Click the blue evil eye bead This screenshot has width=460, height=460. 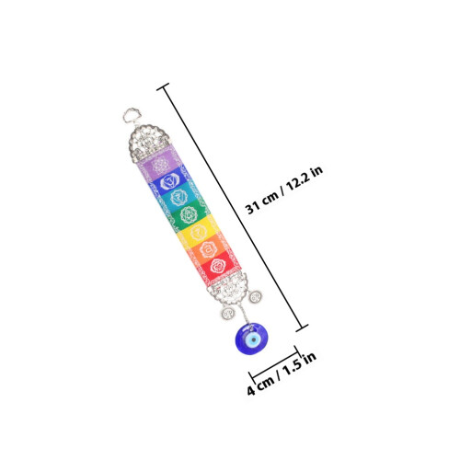click(x=251, y=339)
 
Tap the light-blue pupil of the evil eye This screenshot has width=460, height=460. click(x=253, y=339)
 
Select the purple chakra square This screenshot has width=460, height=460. click(x=160, y=164)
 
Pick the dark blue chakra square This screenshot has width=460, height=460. click(x=169, y=182)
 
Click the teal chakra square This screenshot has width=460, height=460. click(x=178, y=198)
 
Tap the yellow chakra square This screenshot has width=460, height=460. click(x=198, y=233)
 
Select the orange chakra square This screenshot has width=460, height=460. click(x=208, y=249)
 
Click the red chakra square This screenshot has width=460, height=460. click(x=218, y=266)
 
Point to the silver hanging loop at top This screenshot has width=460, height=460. click(x=132, y=115)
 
